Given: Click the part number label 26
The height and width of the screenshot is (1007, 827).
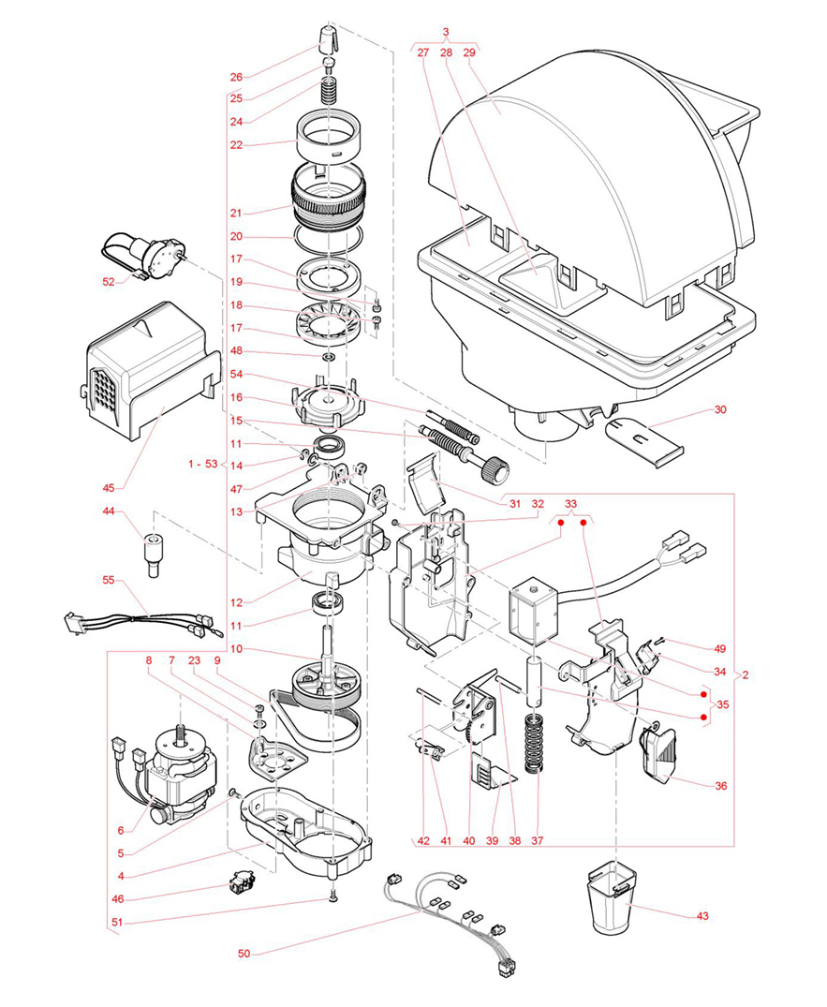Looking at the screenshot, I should tap(235, 76).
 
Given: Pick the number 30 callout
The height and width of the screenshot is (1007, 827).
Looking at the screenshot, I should tap(719, 409).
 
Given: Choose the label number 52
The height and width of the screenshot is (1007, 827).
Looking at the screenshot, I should tap(109, 281).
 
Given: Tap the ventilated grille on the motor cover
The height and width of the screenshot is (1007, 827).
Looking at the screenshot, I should tap(104, 392).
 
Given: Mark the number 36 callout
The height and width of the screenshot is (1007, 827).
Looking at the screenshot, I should tap(720, 786).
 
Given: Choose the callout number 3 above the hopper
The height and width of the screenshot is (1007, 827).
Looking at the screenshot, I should tap(446, 32).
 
